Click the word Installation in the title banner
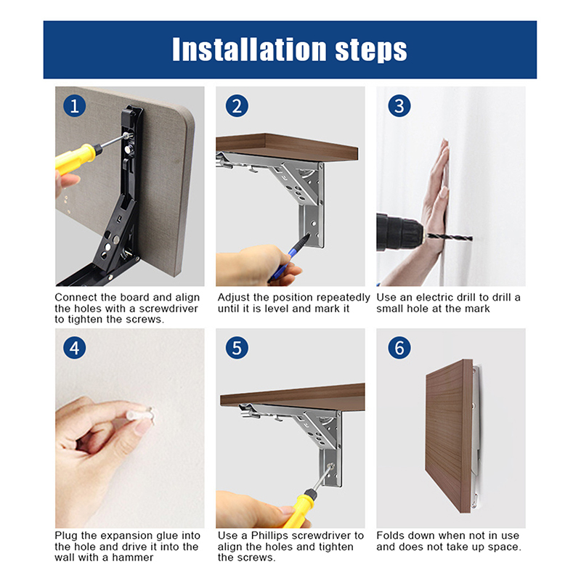click(x=250, y=49)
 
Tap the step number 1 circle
click(x=75, y=106)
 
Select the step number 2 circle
click(x=237, y=106)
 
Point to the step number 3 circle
click(x=399, y=106)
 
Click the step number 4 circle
click(x=75, y=348)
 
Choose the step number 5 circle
click(x=237, y=348)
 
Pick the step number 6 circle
click(x=399, y=348)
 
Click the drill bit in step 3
click(x=448, y=237)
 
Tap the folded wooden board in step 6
click(x=449, y=436)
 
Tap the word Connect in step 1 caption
click(x=76, y=298)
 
